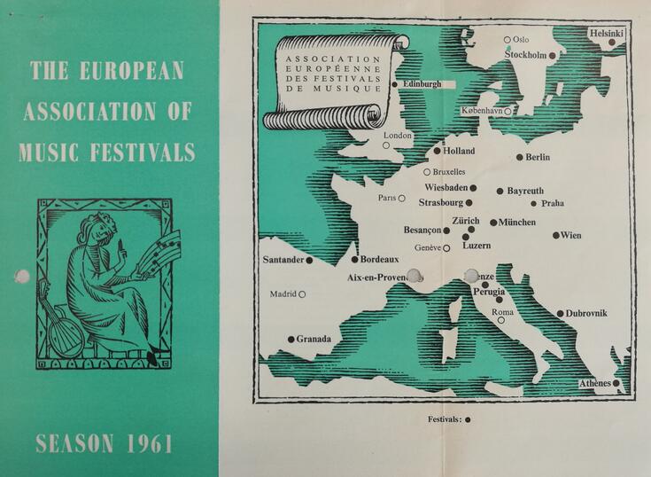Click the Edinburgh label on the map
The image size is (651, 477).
[422, 84]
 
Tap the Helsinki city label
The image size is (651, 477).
[607, 33]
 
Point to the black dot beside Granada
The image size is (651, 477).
[291, 339]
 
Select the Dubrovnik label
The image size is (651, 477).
[587, 313]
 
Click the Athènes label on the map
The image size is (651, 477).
[595, 383]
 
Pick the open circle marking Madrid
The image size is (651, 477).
[302, 294]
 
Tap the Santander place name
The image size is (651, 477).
[283, 261]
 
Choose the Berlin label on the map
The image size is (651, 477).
[538, 158]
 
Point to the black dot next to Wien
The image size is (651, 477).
[555, 236]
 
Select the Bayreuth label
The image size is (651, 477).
[526, 191]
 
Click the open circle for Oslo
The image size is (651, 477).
[508, 39]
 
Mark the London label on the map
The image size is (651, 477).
[399, 136]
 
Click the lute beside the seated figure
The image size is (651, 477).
[63, 332]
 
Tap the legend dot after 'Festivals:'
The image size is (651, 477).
[468, 419]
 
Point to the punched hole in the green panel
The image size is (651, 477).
[21, 277]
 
